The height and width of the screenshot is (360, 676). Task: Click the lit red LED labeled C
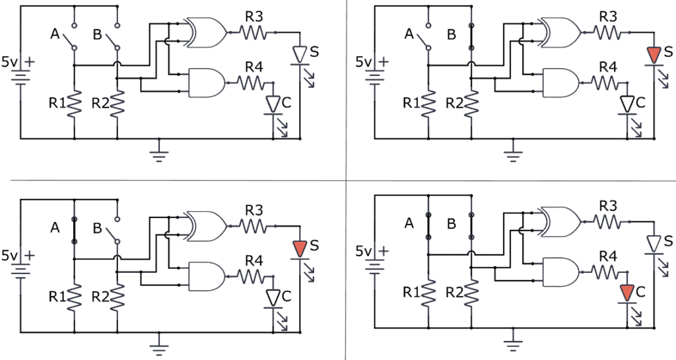(x=626, y=291)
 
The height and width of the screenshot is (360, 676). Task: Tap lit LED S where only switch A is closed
(x=300, y=248)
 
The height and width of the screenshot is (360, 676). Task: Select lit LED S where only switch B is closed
(x=654, y=54)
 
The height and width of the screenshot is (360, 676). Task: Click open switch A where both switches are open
(x=75, y=38)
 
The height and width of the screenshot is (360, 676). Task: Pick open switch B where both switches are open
(x=117, y=38)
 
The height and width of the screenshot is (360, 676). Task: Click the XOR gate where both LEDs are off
(x=206, y=32)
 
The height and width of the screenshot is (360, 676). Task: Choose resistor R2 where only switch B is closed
(x=471, y=103)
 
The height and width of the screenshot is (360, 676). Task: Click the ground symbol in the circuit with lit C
(x=511, y=343)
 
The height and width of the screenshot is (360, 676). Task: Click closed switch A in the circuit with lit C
(x=429, y=234)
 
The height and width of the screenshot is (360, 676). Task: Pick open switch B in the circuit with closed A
(x=117, y=233)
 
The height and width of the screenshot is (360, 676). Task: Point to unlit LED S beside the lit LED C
(x=654, y=244)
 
